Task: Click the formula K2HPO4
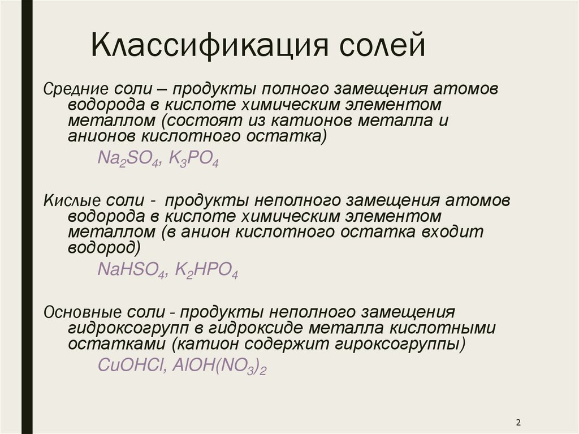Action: tap(206, 271)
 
